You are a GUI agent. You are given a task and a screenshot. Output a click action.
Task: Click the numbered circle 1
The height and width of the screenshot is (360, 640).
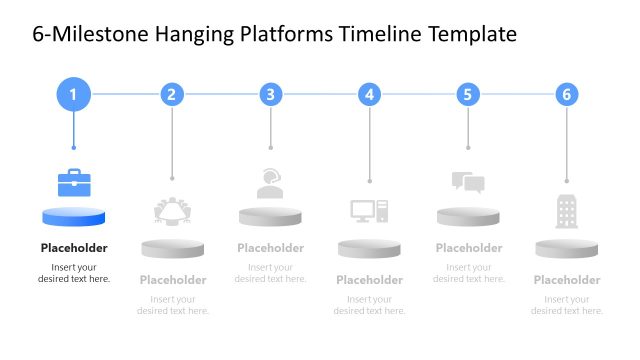73,95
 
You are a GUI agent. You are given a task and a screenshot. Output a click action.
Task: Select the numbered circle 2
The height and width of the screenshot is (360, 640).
172,95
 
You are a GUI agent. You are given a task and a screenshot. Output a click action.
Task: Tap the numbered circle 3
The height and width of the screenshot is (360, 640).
271,95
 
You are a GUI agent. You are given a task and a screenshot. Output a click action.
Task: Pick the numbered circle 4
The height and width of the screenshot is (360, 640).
370,95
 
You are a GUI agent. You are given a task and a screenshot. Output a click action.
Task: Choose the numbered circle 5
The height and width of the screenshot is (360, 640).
468,95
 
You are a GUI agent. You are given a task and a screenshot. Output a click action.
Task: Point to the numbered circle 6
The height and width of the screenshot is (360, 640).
567,95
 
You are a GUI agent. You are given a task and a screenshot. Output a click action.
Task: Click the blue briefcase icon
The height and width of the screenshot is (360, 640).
74,182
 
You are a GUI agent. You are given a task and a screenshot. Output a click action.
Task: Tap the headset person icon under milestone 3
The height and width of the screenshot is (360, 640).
270,182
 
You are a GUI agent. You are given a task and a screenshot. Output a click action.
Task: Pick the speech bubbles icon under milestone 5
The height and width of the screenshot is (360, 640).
468,182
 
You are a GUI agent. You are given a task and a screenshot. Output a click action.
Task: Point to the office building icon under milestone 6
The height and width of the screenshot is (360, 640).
567,211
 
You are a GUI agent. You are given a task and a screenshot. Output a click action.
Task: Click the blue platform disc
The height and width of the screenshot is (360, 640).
74,216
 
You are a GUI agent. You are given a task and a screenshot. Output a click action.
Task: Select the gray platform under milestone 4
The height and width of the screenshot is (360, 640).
369,248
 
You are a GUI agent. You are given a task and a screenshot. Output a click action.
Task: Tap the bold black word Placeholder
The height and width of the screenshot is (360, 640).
74,248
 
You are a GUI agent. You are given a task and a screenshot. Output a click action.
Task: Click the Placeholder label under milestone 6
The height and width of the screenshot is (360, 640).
567,280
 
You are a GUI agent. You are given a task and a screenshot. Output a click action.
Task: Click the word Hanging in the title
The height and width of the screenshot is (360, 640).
196,35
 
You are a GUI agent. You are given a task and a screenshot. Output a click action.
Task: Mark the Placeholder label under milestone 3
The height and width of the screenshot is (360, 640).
270,248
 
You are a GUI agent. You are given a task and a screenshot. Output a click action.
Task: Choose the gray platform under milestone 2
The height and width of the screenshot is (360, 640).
172,248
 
